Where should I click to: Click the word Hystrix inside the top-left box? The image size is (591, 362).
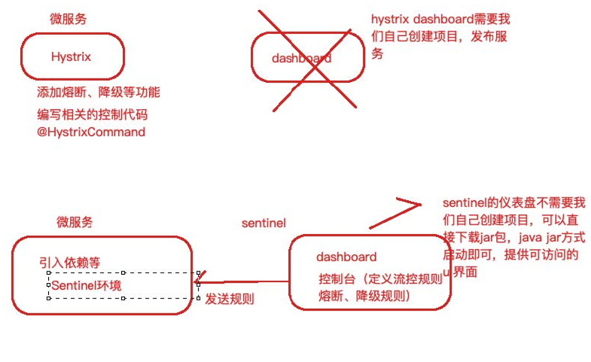pyautogui.click(x=71, y=56)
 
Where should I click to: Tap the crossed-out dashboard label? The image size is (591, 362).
pyautogui.click(x=300, y=58)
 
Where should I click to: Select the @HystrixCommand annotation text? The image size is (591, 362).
pyautogui.click(x=91, y=132)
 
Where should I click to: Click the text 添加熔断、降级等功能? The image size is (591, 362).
pyautogui.click(x=99, y=93)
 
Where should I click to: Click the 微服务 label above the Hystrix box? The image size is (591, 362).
pyautogui.click(x=68, y=19)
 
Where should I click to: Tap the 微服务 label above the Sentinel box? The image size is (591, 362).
pyautogui.click(x=75, y=222)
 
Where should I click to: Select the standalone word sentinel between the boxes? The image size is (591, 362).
pyautogui.click(x=264, y=223)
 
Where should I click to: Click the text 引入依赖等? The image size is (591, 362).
pyautogui.click(x=70, y=263)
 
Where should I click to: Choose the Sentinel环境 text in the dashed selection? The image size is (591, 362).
pyautogui.click(x=86, y=285)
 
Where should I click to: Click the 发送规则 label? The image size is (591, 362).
pyautogui.click(x=230, y=299)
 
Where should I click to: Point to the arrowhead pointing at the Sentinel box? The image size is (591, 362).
pyautogui.click(x=199, y=284)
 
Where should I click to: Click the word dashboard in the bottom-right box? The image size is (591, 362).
pyautogui.click(x=346, y=257)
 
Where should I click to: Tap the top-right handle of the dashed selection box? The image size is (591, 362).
pyautogui.click(x=198, y=273)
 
